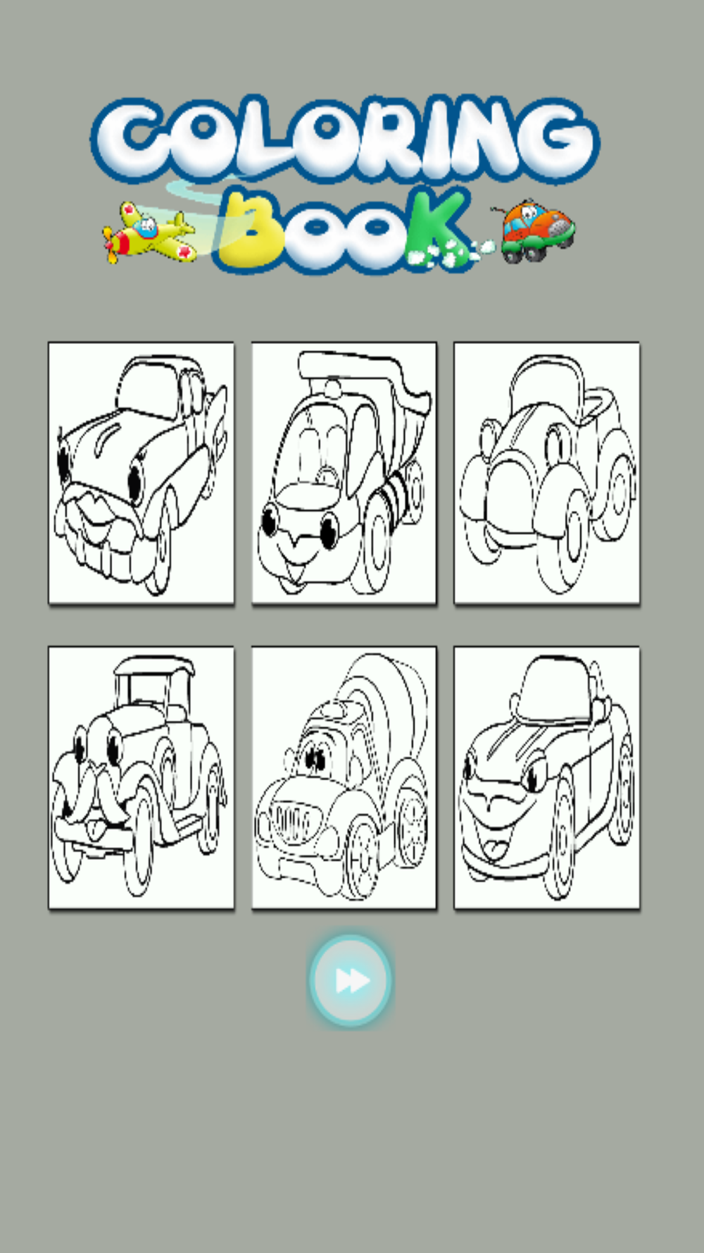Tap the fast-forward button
point(350,980)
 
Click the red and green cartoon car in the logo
point(536,230)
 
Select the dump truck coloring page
point(344,473)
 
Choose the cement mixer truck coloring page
point(344,777)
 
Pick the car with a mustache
point(141,777)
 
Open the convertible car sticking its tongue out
point(547,777)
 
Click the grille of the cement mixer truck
point(291,820)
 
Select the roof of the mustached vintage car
point(153,664)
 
